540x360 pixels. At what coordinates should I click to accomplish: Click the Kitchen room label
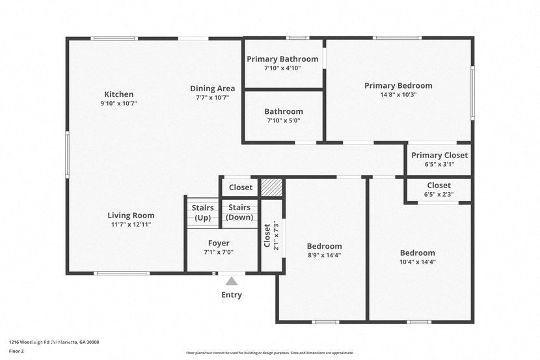click(118, 94)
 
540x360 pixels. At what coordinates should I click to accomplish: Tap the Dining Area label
click(212, 89)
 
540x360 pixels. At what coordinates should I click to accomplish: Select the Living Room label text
click(131, 215)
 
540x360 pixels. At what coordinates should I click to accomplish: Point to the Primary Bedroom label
click(398, 85)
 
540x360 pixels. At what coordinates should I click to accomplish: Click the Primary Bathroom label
click(282, 59)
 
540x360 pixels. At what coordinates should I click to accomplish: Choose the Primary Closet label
click(439, 155)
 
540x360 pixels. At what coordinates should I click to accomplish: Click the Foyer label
click(218, 243)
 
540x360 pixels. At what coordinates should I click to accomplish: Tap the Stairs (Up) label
click(203, 213)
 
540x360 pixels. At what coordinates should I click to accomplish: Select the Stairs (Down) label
click(240, 212)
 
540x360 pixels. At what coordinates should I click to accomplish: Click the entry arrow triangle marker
click(232, 281)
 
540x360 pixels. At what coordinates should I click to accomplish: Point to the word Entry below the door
click(232, 295)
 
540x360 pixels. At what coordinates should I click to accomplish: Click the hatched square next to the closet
click(271, 187)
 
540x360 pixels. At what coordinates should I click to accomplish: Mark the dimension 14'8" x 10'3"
click(398, 94)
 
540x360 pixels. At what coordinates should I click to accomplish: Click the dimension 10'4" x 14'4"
click(418, 262)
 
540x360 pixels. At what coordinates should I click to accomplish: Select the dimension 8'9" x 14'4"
click(324, 255)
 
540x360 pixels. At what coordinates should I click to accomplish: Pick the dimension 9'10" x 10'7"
click(118, 103)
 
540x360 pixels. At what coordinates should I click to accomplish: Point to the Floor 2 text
click(17, 350)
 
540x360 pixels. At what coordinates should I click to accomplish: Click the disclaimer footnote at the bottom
click(270, 353)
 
